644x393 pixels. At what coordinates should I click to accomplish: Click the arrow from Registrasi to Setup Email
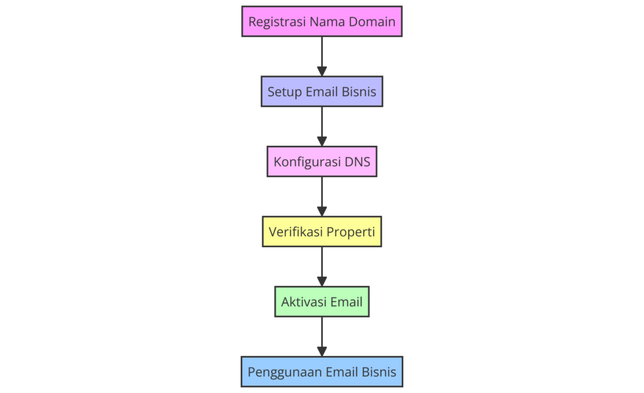322,57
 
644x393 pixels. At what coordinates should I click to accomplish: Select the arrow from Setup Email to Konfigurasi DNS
322,126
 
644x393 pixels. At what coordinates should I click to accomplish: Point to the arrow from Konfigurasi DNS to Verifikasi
322,196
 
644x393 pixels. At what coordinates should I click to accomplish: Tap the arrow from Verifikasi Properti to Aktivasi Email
322,267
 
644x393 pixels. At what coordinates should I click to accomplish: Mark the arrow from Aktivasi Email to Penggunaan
322,336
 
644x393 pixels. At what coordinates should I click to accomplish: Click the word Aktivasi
304,302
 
